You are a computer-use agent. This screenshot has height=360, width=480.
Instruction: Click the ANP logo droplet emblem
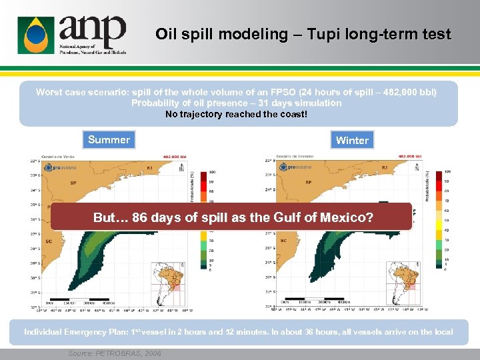pos(35,35)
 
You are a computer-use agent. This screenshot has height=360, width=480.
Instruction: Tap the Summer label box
pos(109,139)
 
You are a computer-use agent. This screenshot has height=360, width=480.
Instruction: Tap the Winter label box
pos(352,140)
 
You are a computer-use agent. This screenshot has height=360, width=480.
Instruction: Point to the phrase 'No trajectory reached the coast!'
pos(237,114)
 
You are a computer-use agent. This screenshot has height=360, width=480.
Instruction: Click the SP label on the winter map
pos(308,182)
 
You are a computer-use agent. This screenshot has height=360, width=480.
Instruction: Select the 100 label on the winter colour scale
pos(447,171)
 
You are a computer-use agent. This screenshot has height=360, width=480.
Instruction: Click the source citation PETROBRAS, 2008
pos(114,354)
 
